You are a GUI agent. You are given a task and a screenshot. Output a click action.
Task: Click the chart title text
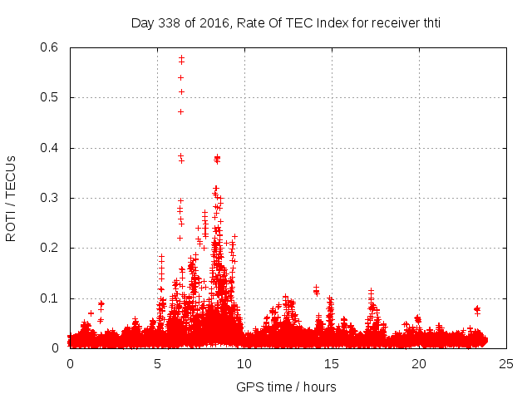[285, 22]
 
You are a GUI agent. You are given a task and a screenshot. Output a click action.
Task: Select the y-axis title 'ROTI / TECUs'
[11, 198]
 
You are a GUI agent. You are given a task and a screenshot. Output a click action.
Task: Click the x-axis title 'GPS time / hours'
[285, 387]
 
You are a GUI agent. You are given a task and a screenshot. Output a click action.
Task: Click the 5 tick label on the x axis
[157, 363]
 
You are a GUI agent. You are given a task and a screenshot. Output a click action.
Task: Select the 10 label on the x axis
[244, 363]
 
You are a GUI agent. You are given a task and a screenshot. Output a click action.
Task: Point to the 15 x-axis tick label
[332, 363]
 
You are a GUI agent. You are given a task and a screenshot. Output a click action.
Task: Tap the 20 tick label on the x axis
[419, 363]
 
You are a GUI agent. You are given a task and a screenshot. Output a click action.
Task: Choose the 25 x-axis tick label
[506, 363]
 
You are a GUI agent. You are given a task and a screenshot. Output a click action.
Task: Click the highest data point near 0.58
[181, 57]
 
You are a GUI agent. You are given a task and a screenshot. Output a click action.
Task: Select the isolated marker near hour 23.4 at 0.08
[477, 308]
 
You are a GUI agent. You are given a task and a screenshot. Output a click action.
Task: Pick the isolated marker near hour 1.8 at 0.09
[101, 303]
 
